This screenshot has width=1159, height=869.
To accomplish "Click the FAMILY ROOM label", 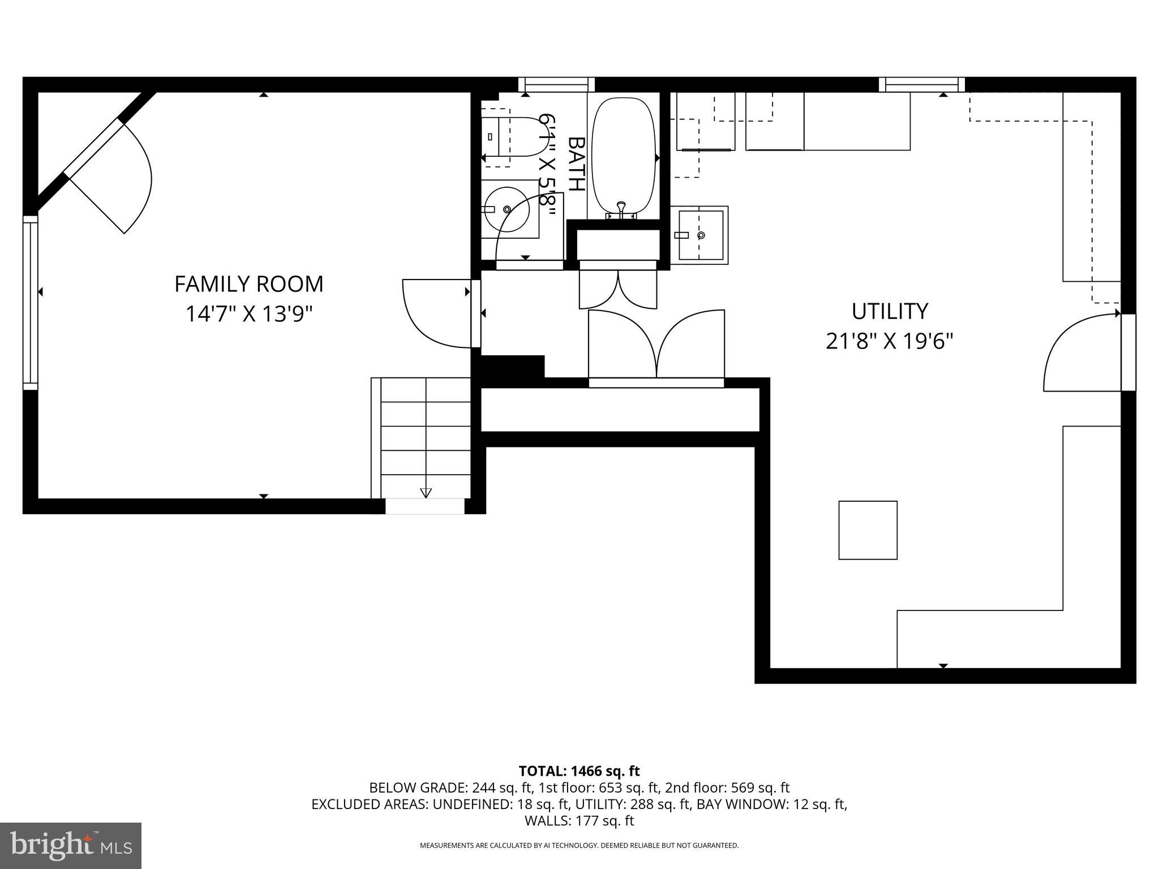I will pos(248,284).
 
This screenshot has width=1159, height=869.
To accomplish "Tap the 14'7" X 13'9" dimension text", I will pos(249,313).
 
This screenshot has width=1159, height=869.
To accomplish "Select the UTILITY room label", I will pos(890,312).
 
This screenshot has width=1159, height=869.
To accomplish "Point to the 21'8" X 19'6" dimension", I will pos(890,341).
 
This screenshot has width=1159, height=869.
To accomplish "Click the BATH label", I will pos(576,164).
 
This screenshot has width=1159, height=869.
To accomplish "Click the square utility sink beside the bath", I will pos(701,235).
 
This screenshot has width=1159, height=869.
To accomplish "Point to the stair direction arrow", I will pos(426,492).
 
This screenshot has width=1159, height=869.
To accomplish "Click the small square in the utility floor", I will pos(868,530).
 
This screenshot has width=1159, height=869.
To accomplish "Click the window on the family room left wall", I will pos(30,303).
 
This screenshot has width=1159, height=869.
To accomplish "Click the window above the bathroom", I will pos(556,85).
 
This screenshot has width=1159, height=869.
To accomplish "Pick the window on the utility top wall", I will pos(922,85).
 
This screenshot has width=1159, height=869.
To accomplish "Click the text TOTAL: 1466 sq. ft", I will pos(579,771).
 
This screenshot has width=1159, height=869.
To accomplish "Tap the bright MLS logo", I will pos(71,846).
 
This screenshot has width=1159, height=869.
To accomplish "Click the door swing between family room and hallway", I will pos(436,314).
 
